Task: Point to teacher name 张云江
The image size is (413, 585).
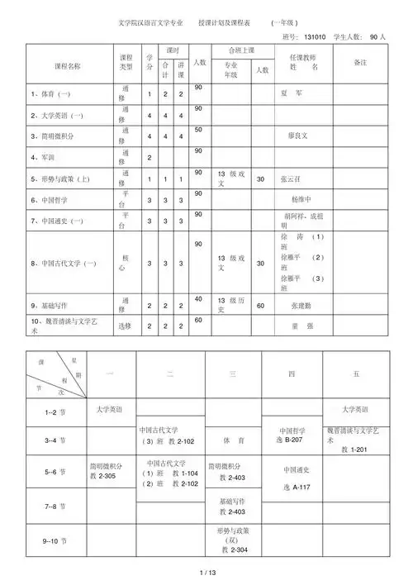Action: [x=293, y=178]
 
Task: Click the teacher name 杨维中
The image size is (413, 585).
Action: [x=304, y=200]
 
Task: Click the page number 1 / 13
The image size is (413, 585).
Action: [x=207, y=573]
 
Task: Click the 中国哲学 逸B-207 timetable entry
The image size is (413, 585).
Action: [x=292, y=435]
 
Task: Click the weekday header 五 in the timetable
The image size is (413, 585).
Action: [x=356, y=374]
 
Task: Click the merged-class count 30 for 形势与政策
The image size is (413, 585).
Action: [x=261, y=178]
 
